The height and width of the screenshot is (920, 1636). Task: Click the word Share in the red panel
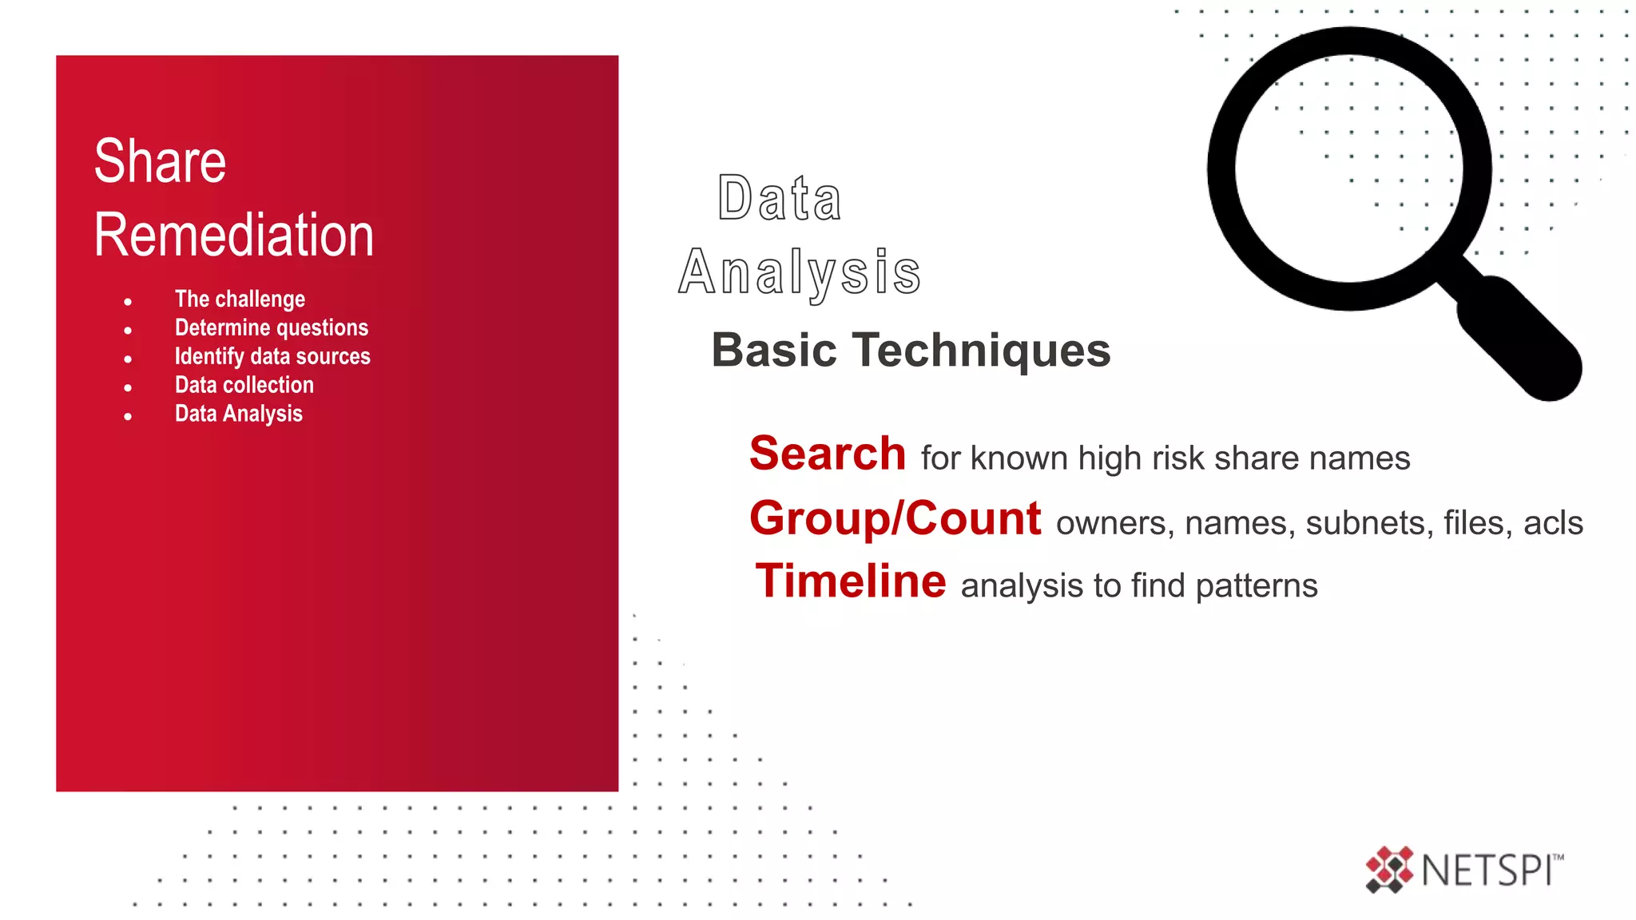click(160, 161)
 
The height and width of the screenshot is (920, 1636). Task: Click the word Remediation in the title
click(234, 236)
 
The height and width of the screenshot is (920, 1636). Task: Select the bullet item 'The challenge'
click(240, 299)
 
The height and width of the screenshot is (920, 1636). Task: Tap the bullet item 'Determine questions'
click(272, 328)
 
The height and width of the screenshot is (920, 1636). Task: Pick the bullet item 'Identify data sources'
click(272, 357)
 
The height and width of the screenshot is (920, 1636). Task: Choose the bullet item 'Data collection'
click(244, 386)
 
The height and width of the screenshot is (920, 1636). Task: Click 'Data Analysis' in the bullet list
click(239, 414)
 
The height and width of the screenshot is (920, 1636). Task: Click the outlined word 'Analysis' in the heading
click(800, 273)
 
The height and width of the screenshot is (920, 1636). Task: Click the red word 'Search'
click(828, 454)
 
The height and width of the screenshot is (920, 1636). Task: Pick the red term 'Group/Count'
click(895, 518)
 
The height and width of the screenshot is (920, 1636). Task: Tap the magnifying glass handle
click(1518, 339)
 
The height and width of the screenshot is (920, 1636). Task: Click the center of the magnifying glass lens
click(1349, 169)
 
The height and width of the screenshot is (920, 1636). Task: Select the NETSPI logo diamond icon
click(1389, 870)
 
